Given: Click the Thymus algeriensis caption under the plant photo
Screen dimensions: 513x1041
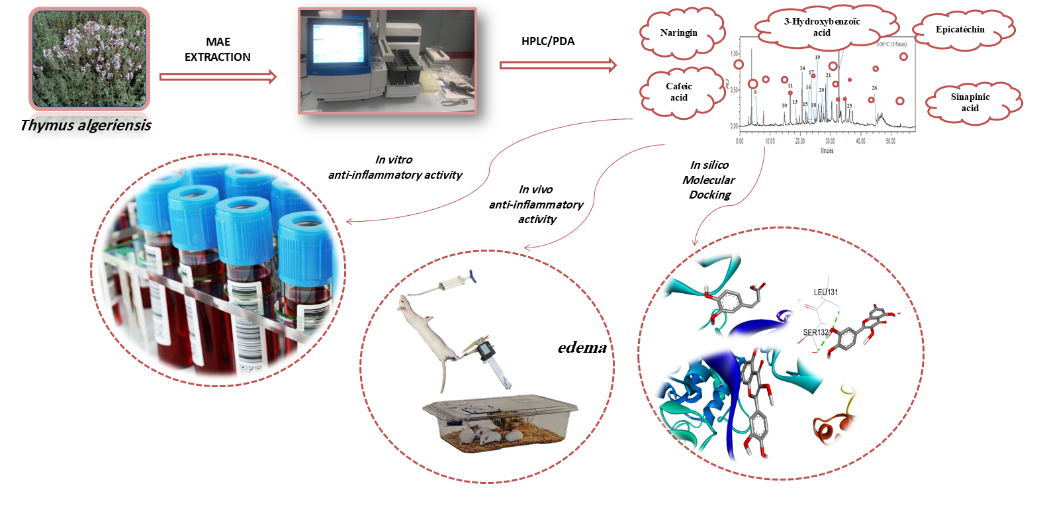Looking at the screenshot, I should tap(85, 125).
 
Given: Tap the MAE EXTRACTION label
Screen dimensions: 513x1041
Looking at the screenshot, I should tap(218, 50).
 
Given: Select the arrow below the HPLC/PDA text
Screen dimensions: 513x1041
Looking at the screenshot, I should tap(557, 65).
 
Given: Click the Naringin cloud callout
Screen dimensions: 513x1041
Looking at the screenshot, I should tap(679, 32).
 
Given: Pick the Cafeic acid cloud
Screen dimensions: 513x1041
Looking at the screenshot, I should tap(679, 92).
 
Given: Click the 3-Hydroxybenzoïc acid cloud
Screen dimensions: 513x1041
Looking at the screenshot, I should tap(822, 27).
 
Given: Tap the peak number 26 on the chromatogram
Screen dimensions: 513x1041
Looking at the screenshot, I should tap(874, 88).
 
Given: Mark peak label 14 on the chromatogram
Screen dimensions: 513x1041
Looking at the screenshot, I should tap(802, 68).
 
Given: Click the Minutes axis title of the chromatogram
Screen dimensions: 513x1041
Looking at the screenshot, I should tap(827, 151).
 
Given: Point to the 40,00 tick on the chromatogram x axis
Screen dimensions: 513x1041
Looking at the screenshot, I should tap(860, 141).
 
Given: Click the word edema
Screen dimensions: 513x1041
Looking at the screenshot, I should tap(582, 348).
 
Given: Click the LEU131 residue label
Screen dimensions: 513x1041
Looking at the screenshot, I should tap(826, 292).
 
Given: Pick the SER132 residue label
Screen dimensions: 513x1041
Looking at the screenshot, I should tap(815, 332).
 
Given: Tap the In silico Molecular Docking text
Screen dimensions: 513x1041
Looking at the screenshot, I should tap(709, 179).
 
